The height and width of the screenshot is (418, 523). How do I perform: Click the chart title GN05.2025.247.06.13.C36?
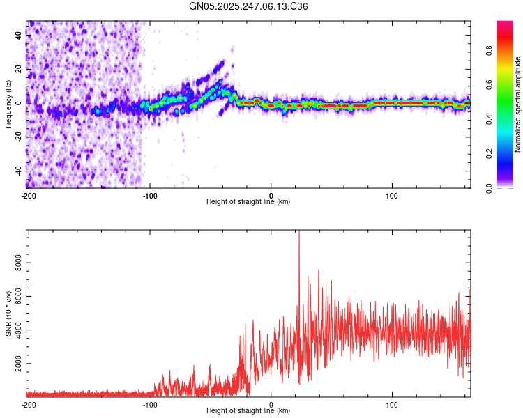tap(249, 6)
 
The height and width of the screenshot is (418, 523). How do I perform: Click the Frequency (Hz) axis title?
tap(8, 104)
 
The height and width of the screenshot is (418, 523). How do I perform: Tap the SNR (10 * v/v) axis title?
tap(8, 313)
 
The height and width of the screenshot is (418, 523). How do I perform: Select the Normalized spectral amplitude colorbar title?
tap(518, 104)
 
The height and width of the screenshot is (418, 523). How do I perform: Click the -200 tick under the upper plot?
tap(29, 195)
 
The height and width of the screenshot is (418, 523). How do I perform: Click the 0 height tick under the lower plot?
tap(271, 404)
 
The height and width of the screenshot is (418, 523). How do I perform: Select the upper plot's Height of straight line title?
tap(248, 202)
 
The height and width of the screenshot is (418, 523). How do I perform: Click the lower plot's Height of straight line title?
tap(248, 411)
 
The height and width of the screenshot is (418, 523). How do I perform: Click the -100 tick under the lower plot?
tap(150, 404)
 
